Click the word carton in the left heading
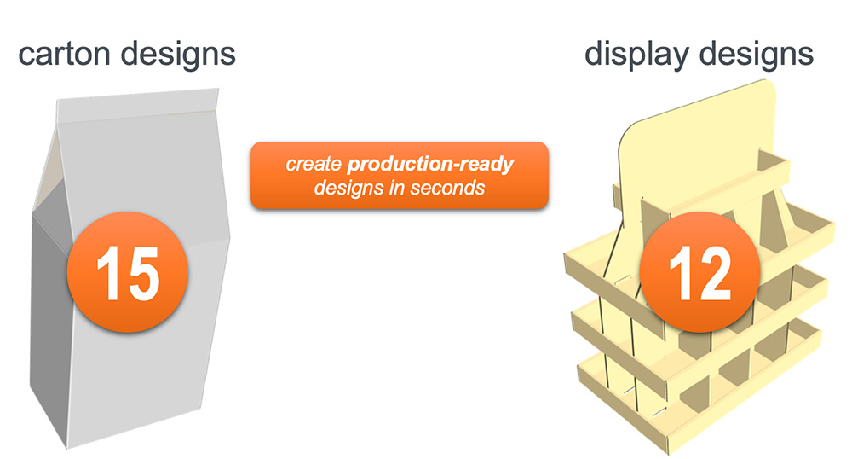(64, 54)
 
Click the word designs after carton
(176, 54)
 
